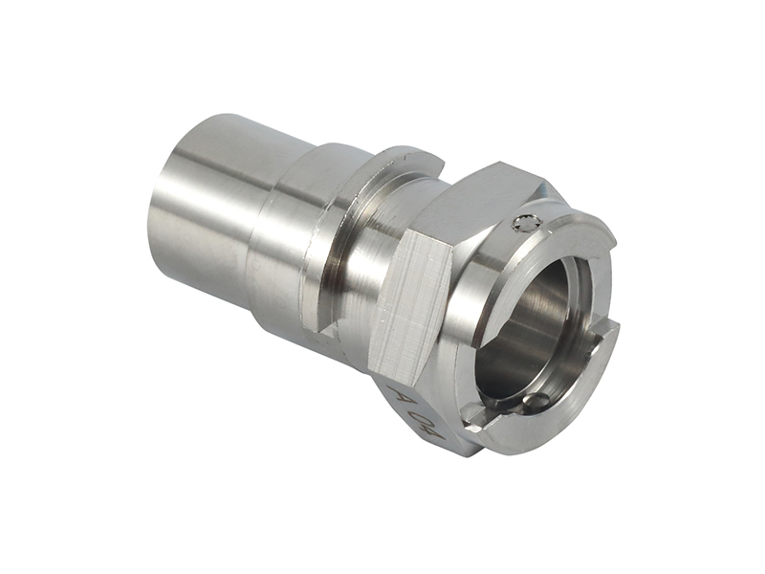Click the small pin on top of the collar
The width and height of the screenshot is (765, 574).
point(522,223)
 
